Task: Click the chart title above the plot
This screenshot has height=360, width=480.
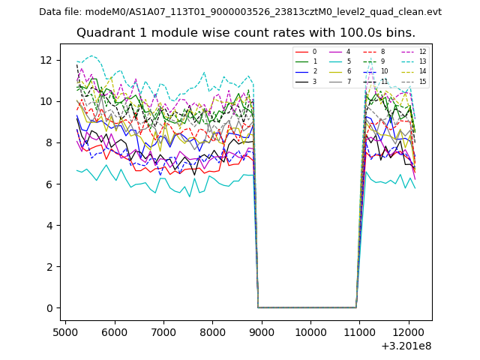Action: pyautogui.click(x=246, y=33)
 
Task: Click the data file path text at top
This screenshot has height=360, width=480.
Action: pyautogui.click(x=240, y=12)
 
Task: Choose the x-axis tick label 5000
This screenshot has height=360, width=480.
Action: pyautogui.click(x=65, y=332)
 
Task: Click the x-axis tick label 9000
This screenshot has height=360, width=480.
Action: pyautogui.click(x=261, y=332)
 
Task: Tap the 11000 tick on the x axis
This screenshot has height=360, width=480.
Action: pyautogui.click(x=358, y=332)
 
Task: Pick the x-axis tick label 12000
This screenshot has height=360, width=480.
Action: pyautogui.click(x=408, y=332)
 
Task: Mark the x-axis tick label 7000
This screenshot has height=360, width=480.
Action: pyautogui.click(x=163, y=332)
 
